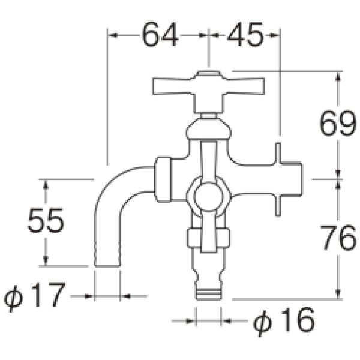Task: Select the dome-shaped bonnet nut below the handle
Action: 208,128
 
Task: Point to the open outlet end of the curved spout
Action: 108,265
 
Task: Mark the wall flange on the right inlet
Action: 278,179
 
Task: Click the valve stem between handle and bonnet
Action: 208,114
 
